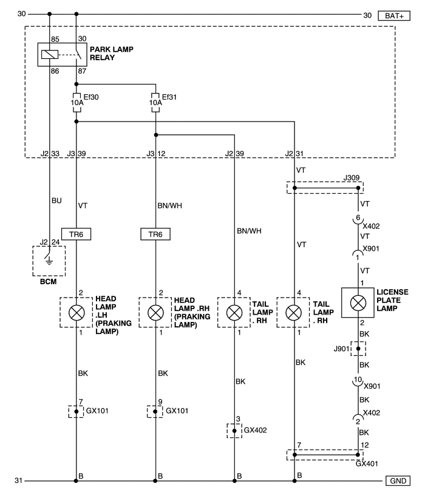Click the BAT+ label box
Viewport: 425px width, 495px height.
pos(394,16)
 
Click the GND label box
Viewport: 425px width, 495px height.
pos(398,481)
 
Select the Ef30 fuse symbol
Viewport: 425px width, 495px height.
pos(76,103)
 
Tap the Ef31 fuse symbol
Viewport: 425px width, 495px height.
pos(155,103)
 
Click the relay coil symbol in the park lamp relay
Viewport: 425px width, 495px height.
pos(50,55)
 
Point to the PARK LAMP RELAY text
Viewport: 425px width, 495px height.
pos(111,53)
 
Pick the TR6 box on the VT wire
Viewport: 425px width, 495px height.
pos(76,234)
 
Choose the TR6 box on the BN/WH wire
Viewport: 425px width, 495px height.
pos(155,234)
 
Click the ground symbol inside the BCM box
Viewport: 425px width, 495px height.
pos(49,261)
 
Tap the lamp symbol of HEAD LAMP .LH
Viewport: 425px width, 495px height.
pos(76,313)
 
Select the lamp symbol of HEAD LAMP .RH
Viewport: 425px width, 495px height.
pos(155,313)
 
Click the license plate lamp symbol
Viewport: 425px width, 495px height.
pos(358,303)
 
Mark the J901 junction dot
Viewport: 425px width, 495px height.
pos(358,349)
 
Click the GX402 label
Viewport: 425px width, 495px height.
pos(255,430)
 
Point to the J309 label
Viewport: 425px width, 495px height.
pos(352,178)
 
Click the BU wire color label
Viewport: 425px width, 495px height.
pos(56,200)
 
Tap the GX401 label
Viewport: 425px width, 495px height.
pos(367,463)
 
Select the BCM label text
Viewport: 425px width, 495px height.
pos(49,282)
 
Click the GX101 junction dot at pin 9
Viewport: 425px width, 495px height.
pos(155,411)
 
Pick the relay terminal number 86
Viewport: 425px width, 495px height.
pos(55,71)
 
